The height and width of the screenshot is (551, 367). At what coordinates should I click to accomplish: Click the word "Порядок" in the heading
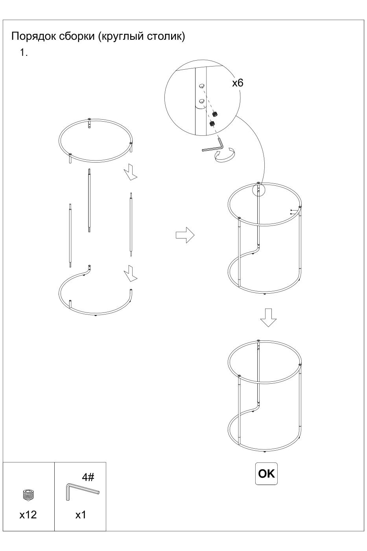(34, 36)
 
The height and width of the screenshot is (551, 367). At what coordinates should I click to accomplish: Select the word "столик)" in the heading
(166, 36)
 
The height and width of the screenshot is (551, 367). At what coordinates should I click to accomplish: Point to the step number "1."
(24, 53)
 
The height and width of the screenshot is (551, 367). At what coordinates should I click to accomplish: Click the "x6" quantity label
(238, 83)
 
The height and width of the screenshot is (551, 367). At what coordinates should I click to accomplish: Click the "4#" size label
(88, 477)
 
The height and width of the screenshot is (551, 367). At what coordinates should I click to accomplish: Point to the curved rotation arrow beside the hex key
(225, 154)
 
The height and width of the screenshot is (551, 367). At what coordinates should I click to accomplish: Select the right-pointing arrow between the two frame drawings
(185, 235)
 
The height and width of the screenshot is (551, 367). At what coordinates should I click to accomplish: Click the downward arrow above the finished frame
(268, 318)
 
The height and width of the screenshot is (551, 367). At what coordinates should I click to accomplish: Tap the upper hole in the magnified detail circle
(201, 86)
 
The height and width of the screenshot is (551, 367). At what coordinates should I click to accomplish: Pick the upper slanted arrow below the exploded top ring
(131, 172)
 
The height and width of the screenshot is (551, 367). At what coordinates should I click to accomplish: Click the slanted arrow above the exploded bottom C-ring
(131, 273)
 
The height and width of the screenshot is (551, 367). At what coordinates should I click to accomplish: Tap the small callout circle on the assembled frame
(258, 190)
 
